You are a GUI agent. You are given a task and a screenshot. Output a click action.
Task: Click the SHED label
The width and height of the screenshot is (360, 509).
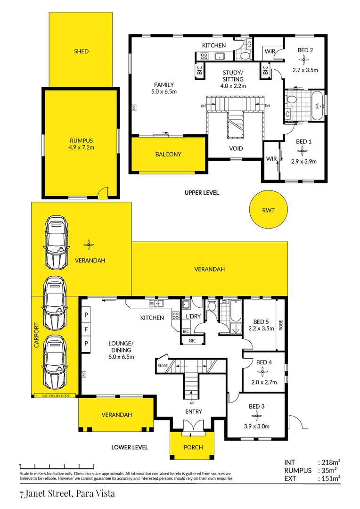click(81, 51)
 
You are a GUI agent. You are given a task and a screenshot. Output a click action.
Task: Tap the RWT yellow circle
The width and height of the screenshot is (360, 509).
click(269, 211)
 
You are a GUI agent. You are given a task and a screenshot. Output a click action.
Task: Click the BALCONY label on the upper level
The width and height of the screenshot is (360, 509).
click(168, 154)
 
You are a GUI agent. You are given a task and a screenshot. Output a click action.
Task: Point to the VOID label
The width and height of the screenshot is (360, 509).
click(236, 148)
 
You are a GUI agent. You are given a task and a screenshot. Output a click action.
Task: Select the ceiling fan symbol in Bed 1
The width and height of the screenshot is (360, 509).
click(304, 151)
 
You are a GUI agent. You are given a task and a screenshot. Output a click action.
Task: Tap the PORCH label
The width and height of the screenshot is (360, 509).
click(193, 447)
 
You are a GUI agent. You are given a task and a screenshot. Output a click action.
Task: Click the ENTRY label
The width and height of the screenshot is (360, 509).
click(193, 411)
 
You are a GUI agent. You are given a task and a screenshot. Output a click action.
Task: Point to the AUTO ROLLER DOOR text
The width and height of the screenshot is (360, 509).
click(56, 395)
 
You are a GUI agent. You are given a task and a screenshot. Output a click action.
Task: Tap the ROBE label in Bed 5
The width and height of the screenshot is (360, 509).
click(281, 325)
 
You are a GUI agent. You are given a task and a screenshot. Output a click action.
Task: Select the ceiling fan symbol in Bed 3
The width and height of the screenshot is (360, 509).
click(257, 416)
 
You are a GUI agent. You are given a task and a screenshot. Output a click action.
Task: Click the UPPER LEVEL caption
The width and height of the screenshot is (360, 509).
click(202, 193)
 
